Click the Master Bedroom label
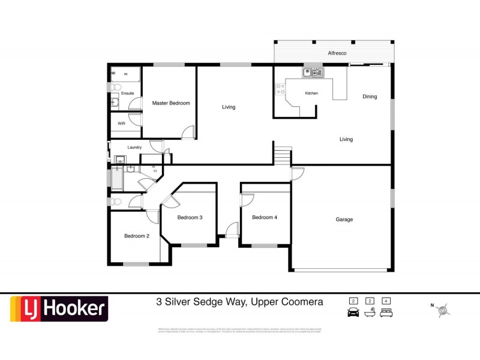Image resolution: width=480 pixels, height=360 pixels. tap(170, 103)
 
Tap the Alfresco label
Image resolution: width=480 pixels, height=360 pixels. tap(337, 53)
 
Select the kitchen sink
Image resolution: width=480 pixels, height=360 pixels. tap(313, 73)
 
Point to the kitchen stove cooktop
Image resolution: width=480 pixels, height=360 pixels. tap(280, 90)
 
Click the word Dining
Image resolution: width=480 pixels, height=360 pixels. tap(370, 96)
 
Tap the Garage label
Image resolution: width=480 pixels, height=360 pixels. tap(344, 220)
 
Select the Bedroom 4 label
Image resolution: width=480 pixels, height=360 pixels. tap(264, 217)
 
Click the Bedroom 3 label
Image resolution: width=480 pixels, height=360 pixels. tap(189, 217)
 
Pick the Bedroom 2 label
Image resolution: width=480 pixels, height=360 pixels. tap(137, 236)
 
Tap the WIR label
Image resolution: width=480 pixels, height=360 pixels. tap(121, 124)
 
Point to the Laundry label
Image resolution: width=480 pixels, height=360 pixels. tap(134, 147)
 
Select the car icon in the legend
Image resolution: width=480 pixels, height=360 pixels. tap(353, 312)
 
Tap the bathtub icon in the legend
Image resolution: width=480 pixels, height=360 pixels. tap(370, 312)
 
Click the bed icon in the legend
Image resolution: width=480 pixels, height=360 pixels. tap(386, 312)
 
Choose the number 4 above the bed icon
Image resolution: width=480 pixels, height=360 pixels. tap(386, 300)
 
